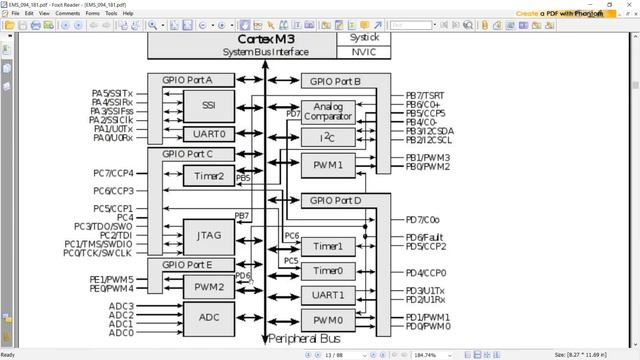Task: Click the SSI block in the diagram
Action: (209, 105)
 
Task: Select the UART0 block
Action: (209, 134)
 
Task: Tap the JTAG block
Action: (209, 235)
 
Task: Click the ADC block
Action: (209, 317)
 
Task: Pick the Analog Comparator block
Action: (327, 113)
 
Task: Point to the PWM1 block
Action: (327, 164)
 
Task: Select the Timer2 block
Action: (209, 176)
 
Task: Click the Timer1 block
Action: (327, 246)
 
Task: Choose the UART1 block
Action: (327, 295)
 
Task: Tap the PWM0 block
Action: (327, 321)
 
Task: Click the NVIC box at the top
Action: (364, 52)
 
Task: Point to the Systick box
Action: (364, 37)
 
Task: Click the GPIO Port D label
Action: (336, 201)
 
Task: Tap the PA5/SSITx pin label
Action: (118, 93)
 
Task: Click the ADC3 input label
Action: (121, 305)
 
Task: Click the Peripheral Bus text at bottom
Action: (308, 340)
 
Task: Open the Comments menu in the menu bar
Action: (68, 13)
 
